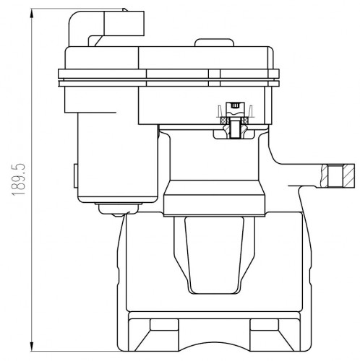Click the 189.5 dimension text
(19, 180)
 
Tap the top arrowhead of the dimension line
(32, 14)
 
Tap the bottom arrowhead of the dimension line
(32, 346)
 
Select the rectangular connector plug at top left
(124, 23)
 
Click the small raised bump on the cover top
(214, 43)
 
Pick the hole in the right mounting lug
(335, 176)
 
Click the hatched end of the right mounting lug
(348, 176)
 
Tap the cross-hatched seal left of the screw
(224, 120)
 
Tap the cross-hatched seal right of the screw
(246, 120)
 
